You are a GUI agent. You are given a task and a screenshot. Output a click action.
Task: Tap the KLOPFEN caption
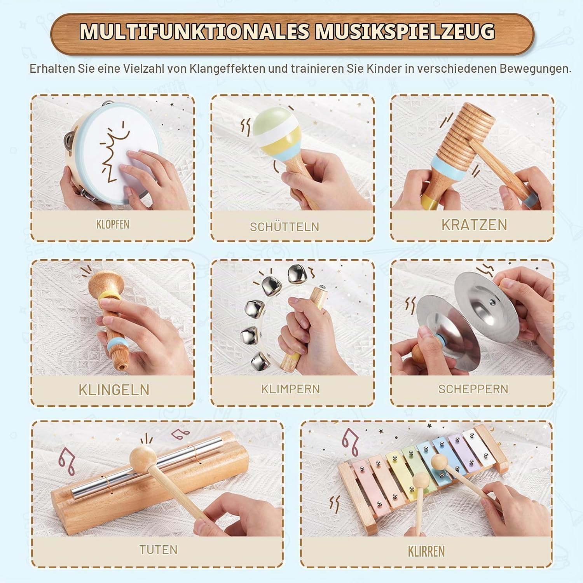(x=113, y=225)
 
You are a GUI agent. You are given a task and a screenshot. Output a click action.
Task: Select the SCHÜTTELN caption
(x=285, y=227)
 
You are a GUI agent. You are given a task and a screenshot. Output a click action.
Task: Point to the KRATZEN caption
(x=474, y=225)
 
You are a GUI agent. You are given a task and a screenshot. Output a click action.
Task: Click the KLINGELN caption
(x=114, y=390)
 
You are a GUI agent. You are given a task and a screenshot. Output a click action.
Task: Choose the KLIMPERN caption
(x=290, y=389)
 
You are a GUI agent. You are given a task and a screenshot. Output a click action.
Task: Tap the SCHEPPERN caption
(x=473, y=389)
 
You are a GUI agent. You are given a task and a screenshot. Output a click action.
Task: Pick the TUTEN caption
(x=158, y=550)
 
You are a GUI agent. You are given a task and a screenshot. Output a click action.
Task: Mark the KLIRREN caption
(x=426, y=551)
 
